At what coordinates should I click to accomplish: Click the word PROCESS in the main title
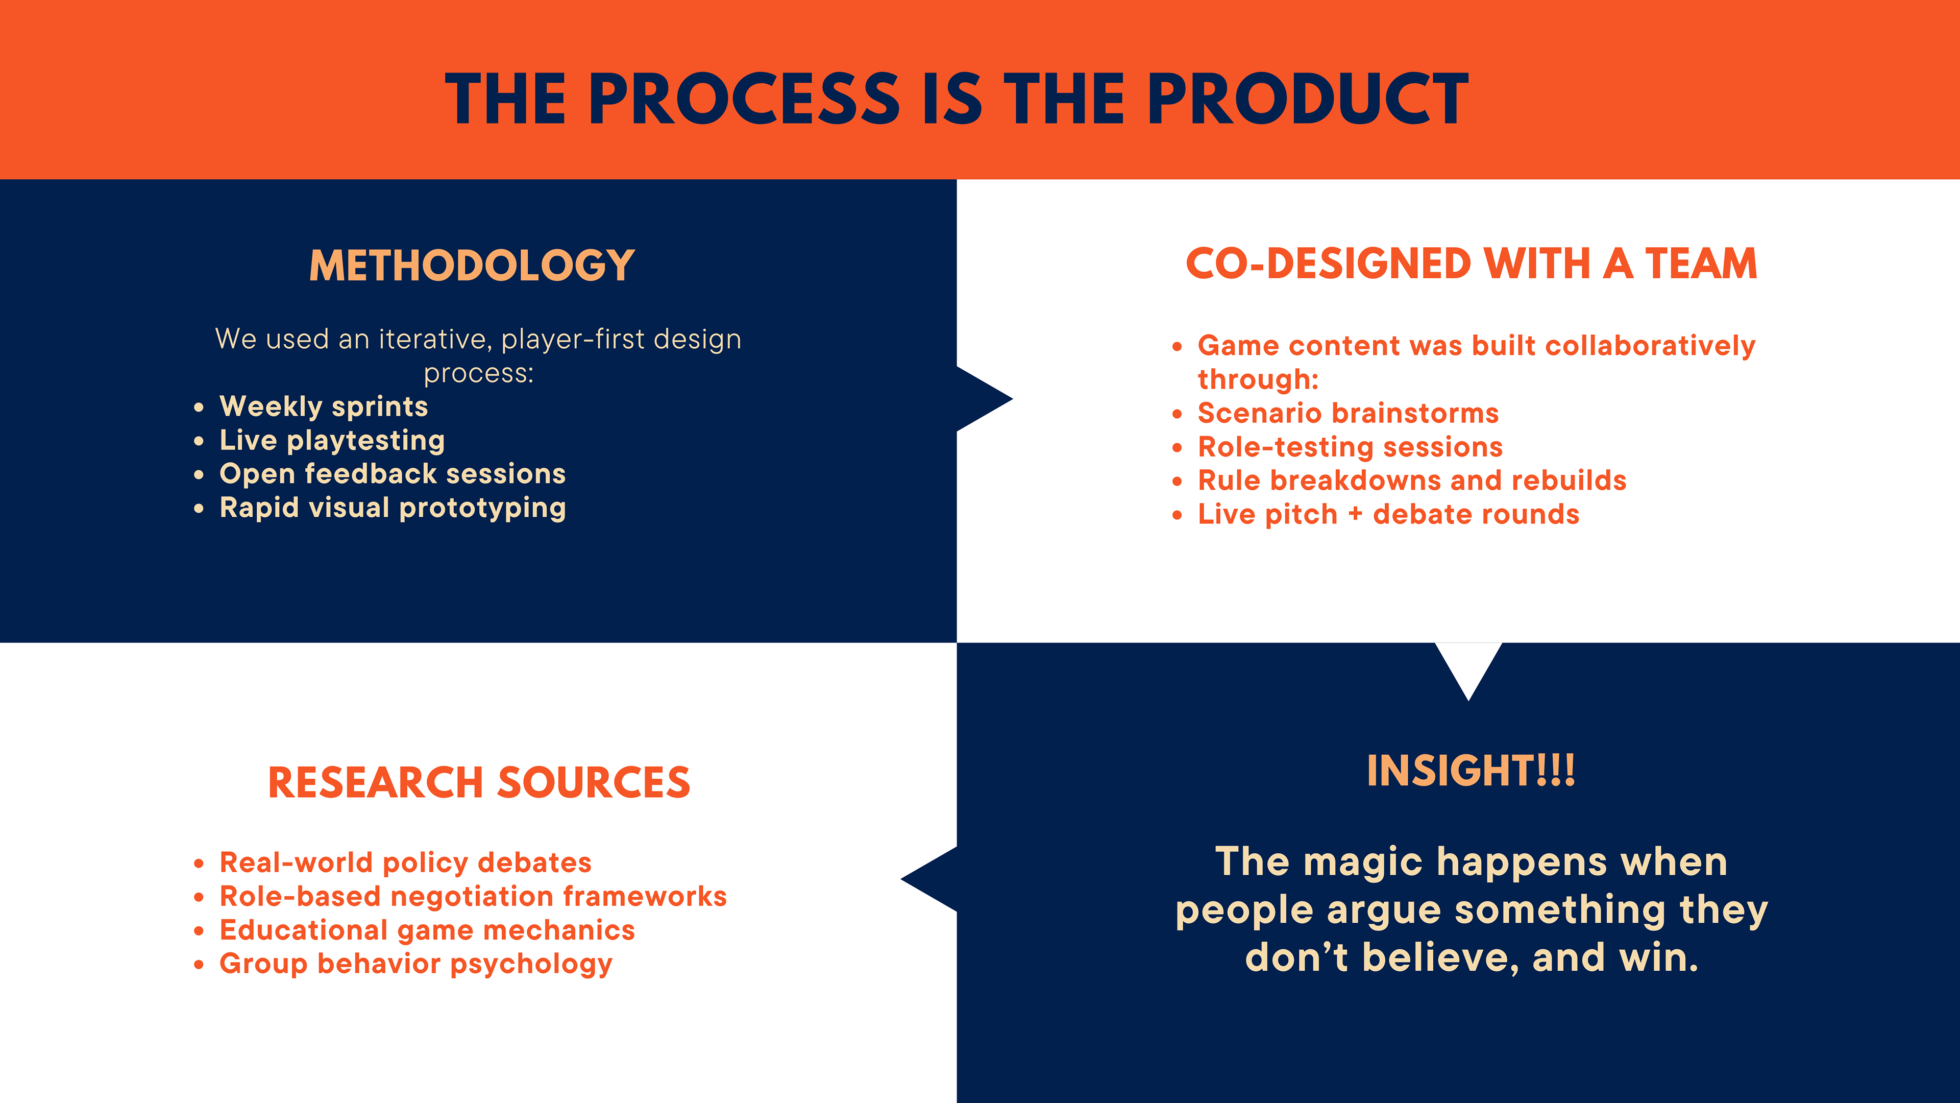744,99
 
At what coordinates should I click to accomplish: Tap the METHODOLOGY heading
472,265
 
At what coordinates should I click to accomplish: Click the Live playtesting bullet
332,441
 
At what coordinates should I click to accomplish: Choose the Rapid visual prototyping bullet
393,508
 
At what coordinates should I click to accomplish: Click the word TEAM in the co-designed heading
1701,263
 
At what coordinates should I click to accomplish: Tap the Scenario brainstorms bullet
1348,413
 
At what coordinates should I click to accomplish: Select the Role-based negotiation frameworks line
473,896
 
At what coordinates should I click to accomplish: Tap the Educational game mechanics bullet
427,930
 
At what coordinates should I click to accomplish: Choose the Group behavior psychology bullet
415,964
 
